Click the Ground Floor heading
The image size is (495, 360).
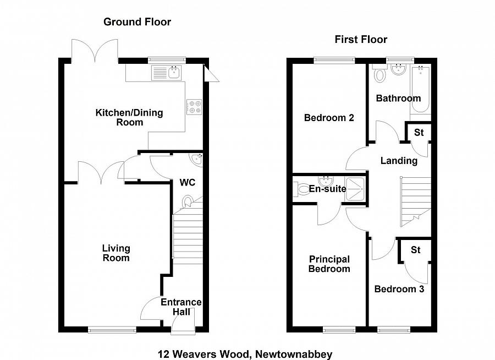(x=137, y=22)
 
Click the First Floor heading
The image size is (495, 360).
(x=361, y=39)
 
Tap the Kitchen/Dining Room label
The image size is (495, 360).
(x=129, y=117)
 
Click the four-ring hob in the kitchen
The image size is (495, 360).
(x=195, y=106)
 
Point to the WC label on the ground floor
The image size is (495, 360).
(x=188, y=182)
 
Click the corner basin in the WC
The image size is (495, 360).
(x=197, y=160)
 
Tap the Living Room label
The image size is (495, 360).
(x=116, y=253)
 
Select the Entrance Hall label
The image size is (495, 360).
(x=180, y=307)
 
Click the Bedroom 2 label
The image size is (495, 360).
(x=329, y=118)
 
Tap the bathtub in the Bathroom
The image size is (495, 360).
(x=420, y=90)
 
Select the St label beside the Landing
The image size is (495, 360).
(x=419, y=133)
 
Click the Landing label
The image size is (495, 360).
(x=399, y=161)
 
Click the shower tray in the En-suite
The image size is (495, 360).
(x=355, y=189)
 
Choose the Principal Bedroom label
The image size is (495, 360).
(x=329, y=264)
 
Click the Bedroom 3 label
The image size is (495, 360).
(x=399, y=289)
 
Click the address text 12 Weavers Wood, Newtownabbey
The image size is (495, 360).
(x=245, y=354)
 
